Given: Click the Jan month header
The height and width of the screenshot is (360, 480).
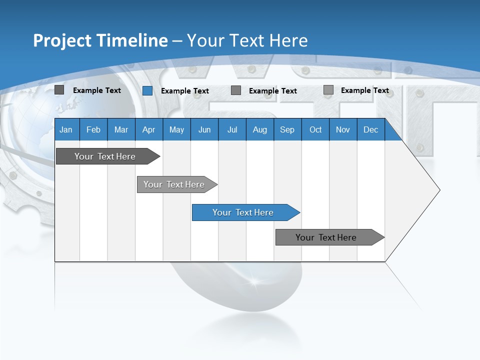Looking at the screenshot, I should pyautogui.click(x=66, y=129).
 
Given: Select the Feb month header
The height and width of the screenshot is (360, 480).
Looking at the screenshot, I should pyautogui.click(x=93, y=129).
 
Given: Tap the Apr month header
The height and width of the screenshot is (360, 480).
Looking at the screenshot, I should pyautogui.click(x=148, y=129).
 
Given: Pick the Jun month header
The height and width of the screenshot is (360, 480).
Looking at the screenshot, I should pyautogui.click(x=204, y=129).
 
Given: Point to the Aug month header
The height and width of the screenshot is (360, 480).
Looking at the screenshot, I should pyautogui.click(x=259, y=129).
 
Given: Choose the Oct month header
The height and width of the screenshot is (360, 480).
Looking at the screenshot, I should pyautogui.click(x=315, y=129).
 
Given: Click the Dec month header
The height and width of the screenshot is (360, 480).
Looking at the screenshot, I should pyautogui.click(x=370, y=129).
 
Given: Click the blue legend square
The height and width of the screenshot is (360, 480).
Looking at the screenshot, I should pyautogui.click(x=147, y=90).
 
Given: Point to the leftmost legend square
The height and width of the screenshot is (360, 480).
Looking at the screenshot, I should pyautogui.click(x=59, y=90).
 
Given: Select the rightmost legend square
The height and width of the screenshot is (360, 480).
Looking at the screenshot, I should pyautogui.click(x=328, y=90).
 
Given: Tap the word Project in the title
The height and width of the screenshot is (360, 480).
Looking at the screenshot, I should pyautogui.click(x=62, y=40).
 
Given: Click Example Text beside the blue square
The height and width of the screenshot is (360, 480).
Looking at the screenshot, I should pyautogui.click(x=184, y=91).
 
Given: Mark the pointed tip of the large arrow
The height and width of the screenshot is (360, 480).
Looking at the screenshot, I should pyautogui.click(x=439, y=190).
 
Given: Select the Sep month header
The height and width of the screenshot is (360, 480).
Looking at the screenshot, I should pyautogui.click(x=287, y=129).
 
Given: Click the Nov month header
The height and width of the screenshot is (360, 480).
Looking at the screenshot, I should pyautogui.click(x=343, y=129).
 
